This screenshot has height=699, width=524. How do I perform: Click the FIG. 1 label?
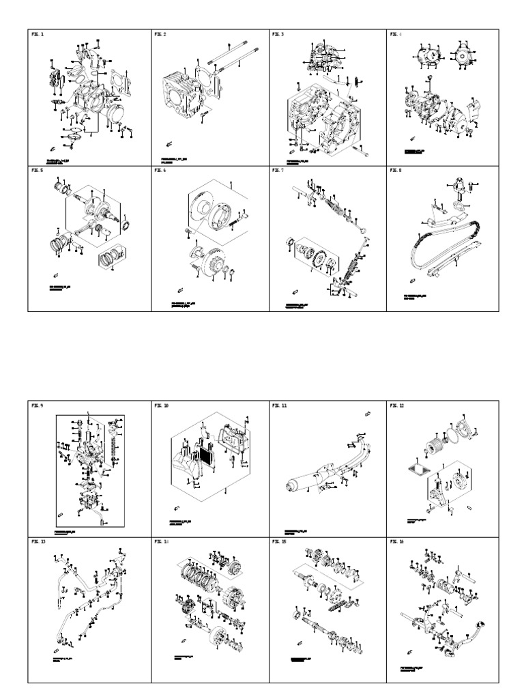click(37, 34)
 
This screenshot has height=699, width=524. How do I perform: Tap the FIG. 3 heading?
click(278, 34)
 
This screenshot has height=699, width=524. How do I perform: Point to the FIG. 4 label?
click(396, 34)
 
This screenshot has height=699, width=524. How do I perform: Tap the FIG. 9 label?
click(37, 405)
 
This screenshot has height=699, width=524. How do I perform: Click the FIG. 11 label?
click(279, 405)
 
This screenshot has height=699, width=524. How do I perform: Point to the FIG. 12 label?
click(397, 405)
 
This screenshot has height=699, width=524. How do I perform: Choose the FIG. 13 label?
click(38, 541)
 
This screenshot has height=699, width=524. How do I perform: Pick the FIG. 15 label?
click(279, 541)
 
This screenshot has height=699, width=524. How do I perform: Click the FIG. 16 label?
click(397, 541)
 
